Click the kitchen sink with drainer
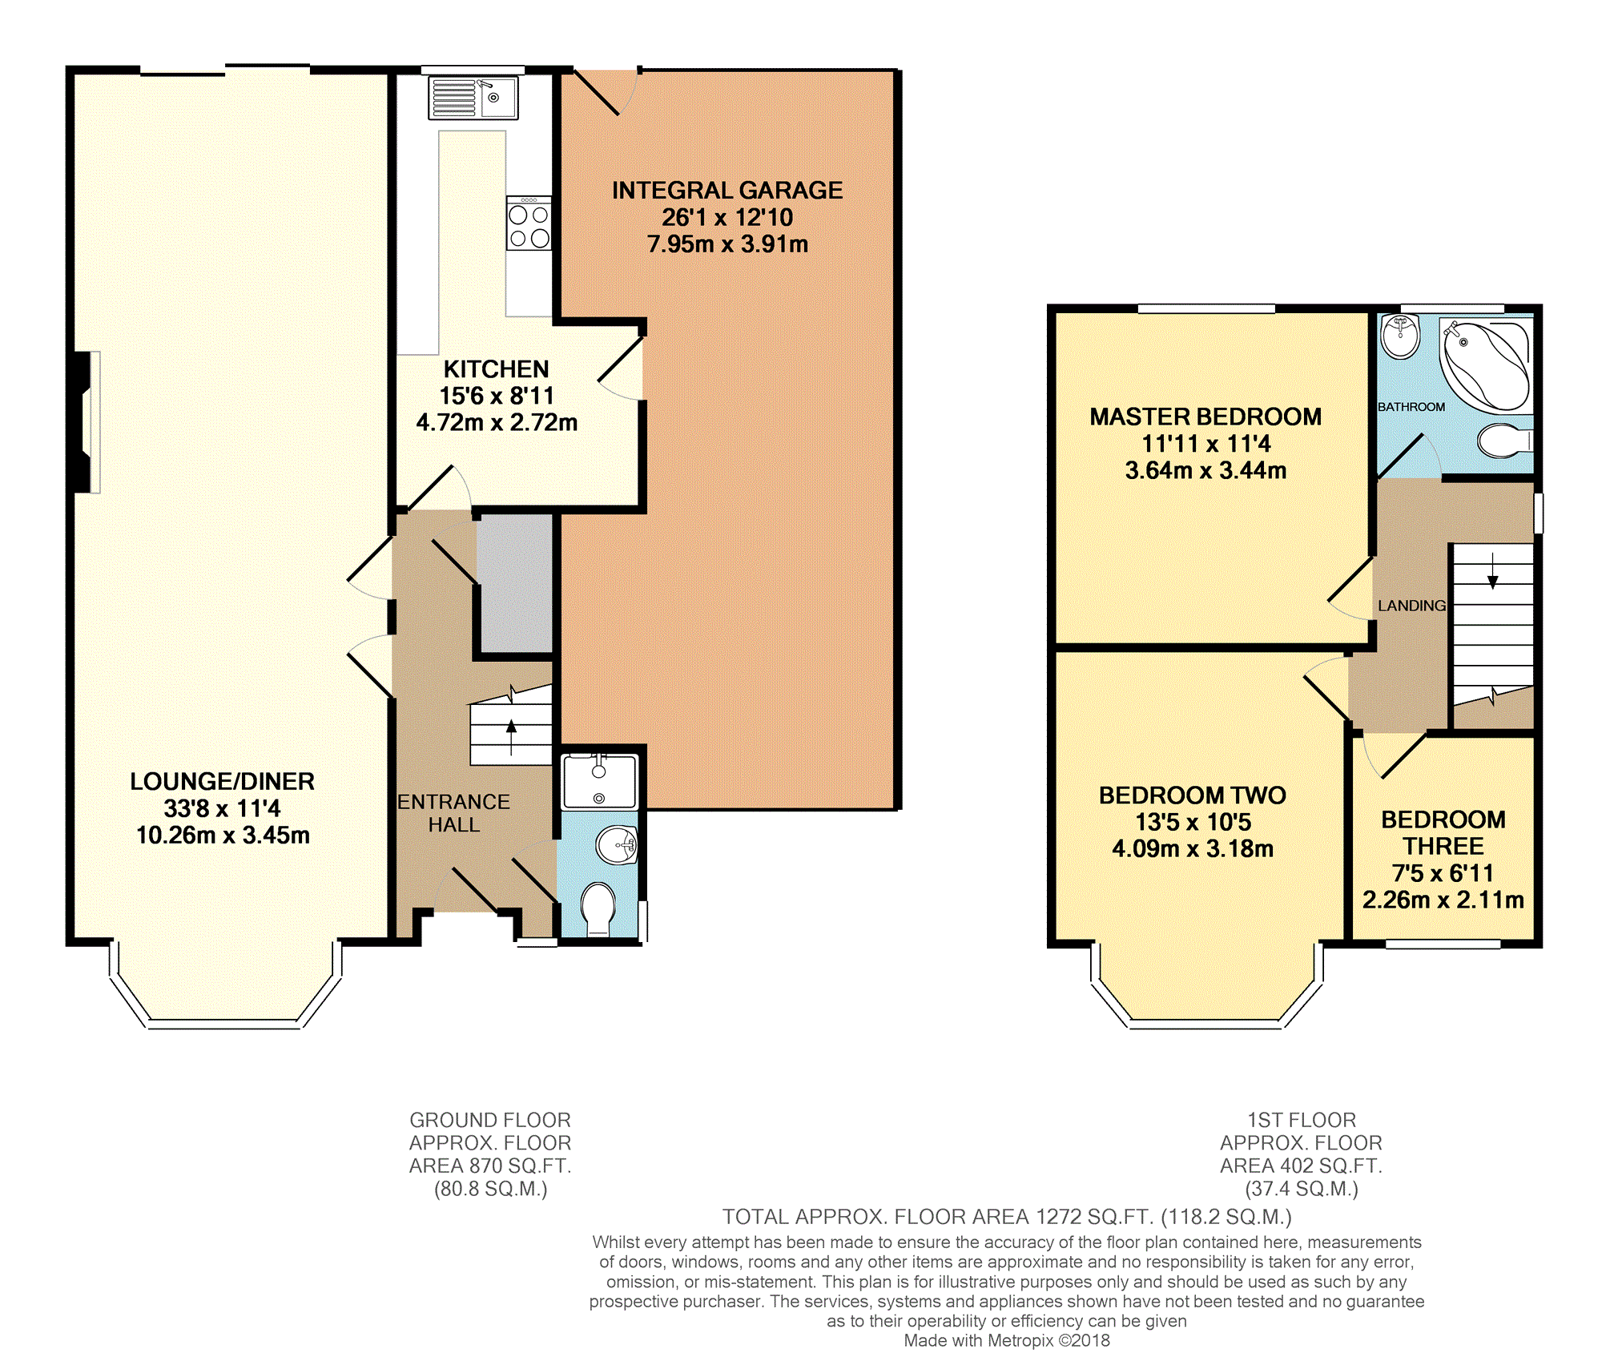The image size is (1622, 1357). (473, 98)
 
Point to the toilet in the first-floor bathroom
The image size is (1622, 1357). (1502, 441)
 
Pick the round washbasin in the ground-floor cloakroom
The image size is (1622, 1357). (618, 845)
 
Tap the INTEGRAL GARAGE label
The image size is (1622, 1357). (726, 191)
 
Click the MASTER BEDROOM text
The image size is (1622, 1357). (1205, 417)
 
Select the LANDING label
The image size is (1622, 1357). (1411, 606)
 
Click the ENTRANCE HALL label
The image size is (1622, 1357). (453, 813)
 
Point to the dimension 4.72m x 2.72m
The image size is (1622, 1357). (497, 423)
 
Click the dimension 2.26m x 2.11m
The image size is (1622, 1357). (1443, 900)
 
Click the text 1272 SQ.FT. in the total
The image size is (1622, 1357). (1094, 1218)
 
